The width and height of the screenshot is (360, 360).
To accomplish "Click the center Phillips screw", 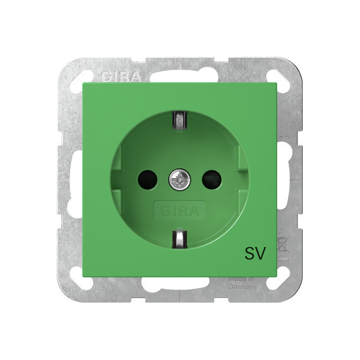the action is coord(180,180).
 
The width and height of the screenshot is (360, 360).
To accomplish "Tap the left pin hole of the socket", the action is coord(148,180).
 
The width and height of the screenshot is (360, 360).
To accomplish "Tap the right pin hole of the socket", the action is coord(212,180).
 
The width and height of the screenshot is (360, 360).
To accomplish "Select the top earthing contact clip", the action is coord(180,120).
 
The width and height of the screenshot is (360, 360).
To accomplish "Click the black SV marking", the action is coord(255,253).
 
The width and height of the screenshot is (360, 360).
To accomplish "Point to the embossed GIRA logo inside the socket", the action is coord(179,211).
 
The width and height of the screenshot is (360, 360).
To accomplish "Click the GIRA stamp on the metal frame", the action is coord(121,77).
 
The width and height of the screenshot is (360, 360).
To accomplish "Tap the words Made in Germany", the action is coord(243,283).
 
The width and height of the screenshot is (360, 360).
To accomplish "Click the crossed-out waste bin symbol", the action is coord(283,245).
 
